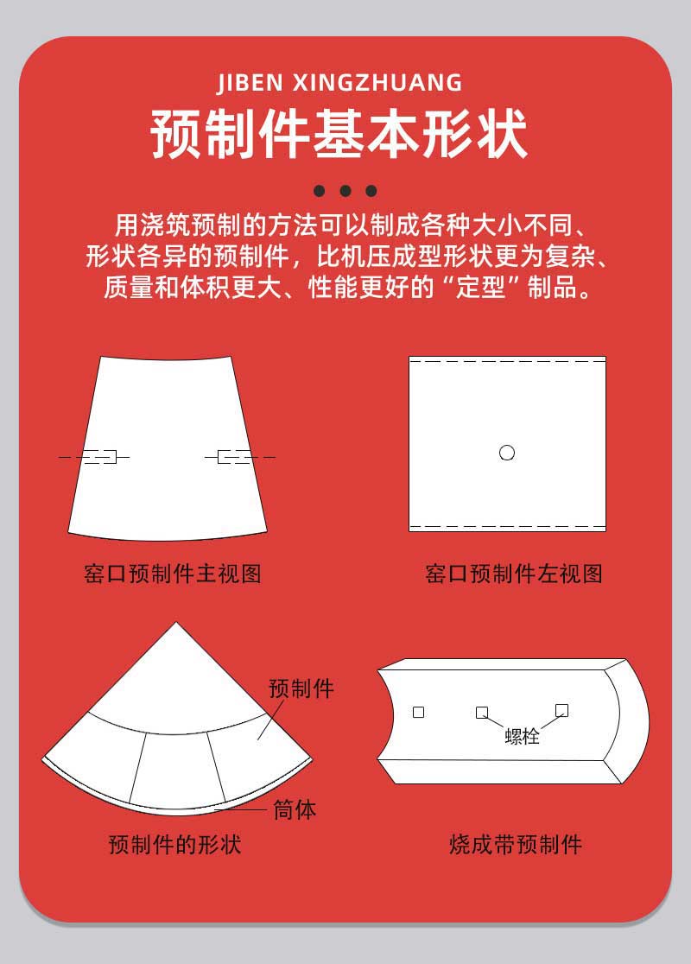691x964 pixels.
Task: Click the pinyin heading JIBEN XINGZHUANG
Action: pos(339,83)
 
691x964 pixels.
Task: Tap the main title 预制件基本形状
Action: pos(339,134)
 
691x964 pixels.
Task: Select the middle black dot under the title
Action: pos(345,191)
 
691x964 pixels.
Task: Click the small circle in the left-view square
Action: pos(507,453)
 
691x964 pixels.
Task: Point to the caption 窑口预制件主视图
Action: pos(173,574)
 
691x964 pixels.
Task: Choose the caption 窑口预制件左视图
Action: pos(514,574)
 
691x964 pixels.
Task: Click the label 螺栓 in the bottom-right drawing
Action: pos(522,737)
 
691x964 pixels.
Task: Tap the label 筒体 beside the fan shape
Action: pos(295,810)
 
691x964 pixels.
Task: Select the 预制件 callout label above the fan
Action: pos(301,688)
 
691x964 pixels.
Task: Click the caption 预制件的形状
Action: pos(174,844)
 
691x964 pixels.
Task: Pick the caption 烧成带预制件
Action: pos(516,844)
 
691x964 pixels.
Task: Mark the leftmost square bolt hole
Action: pos(419,713)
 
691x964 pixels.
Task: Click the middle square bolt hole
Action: pos(482,713)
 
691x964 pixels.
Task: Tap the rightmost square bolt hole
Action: pos(561,710)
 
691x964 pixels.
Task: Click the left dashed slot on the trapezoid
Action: pos(100,456)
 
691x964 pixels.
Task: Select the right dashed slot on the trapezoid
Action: pos(234,456)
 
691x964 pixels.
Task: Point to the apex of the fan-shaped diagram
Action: pos(177,623)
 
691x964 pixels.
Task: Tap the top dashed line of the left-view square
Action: pos(507,361)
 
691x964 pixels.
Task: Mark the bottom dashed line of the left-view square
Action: pos(507,525)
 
